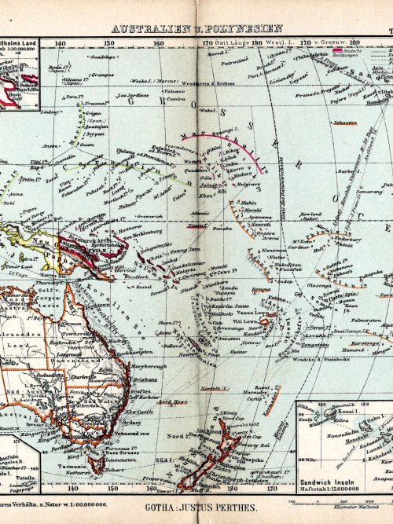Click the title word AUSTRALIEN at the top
click(145, 30)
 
